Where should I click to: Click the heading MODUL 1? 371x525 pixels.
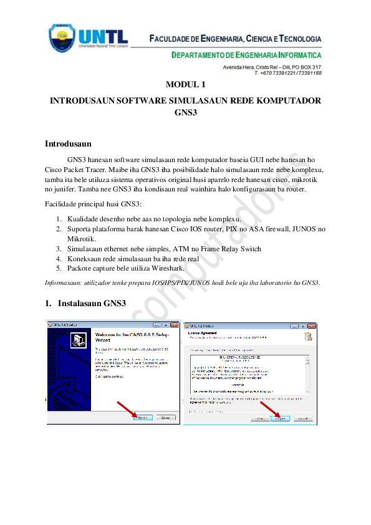(x=185, y=85)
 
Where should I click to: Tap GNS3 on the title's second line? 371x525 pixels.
(x=185, y=112)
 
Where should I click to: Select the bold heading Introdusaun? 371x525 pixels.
(x=68, y=144)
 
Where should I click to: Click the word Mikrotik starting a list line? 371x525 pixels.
(x=80, y=239)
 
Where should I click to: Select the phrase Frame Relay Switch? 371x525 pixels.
(x=232, y=249)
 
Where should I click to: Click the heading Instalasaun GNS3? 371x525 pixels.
(x=92, y=304)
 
